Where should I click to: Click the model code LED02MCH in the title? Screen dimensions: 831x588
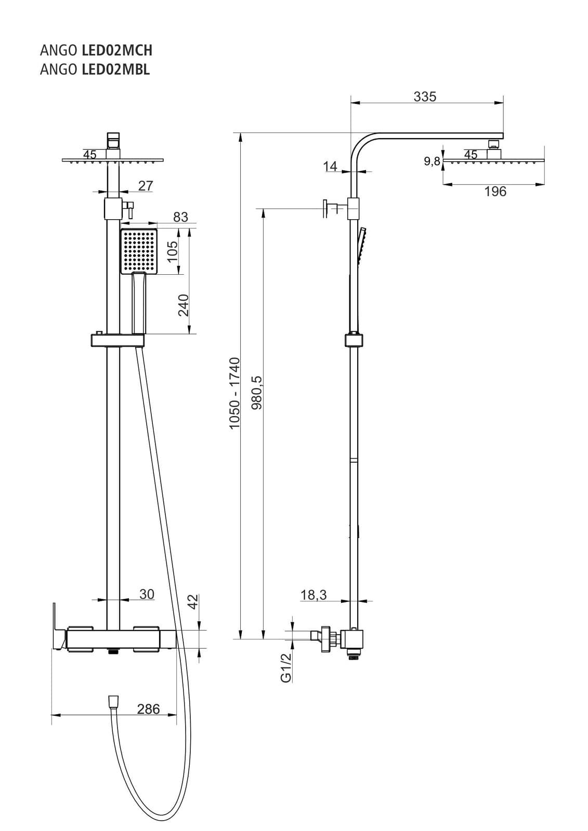(x=117, y=50)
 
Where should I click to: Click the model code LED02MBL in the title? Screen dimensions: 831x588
(x=116, y=69)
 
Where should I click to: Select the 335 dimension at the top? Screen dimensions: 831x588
(x=425, y=97)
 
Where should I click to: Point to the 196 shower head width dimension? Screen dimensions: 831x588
(x=495, y=192)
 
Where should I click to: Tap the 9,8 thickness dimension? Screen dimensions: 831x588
(x=432, y=162)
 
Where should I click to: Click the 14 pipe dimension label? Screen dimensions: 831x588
(x=330, y=166)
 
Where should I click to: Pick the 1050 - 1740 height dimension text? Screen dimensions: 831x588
(x=235, y=393)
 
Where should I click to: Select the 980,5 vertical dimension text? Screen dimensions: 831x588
(x=257, y=393)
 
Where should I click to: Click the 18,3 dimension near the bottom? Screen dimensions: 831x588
(x=313, y=595)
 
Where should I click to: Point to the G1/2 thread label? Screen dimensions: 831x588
(x=286, y=667)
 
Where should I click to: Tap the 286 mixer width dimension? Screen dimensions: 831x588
(x=148, y=709)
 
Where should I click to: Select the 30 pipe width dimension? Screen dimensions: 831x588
(x=147, y=594)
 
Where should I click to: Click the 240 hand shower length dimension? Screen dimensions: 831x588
(x=184, y=305)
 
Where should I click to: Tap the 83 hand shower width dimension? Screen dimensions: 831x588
(x=180, y=217)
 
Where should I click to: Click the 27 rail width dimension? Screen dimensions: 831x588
(x=146, y=185)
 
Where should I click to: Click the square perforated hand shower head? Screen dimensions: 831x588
(x=139, y=251)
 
